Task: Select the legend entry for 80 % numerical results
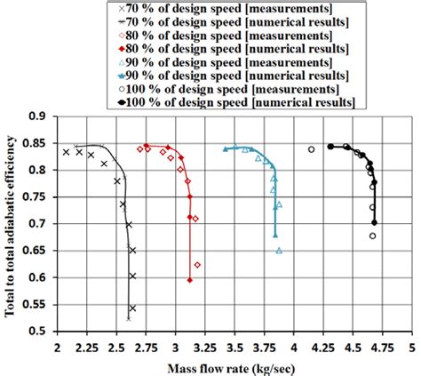pyautogui.click(x=217, y=48)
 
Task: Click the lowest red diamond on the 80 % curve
pyautogui.click(x=190, y=280)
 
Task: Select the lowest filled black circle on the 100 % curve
pyautogui.click(x=375, y=222)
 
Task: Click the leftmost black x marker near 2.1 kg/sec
pyautogui.click(x=66, y=152)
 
